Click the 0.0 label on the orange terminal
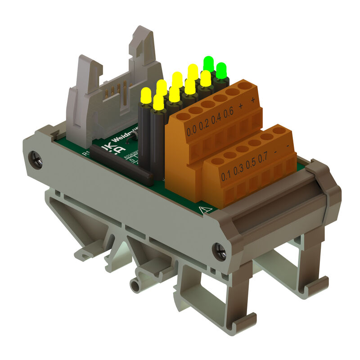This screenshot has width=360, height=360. [192, 131]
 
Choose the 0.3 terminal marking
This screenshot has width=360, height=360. [238, 170]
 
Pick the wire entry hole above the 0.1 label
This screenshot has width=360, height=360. [218, 161]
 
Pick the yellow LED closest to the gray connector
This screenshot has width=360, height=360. [145, 95]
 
